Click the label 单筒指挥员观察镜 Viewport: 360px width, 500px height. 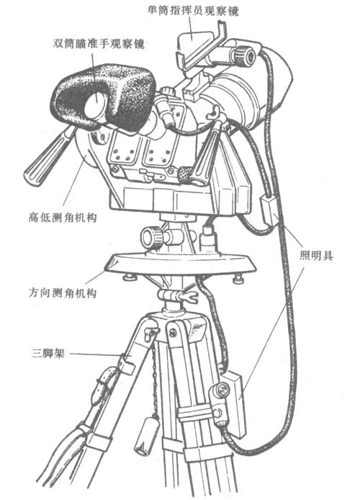(193, 11)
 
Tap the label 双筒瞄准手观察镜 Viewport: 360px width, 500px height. (99, 43)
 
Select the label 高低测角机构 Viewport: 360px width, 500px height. (62, 218)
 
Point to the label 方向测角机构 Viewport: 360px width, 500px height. (62, 293)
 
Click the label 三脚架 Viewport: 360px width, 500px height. (48, 353)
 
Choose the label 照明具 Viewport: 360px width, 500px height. (316, 256)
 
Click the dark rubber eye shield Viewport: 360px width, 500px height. (105, 96)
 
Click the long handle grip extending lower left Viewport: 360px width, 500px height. (48, 157)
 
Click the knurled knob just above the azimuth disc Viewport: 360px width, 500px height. (152, 238)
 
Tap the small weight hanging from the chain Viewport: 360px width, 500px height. (147, 437)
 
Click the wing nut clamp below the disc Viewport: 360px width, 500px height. (179, 296)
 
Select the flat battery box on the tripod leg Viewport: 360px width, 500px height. (234, 404)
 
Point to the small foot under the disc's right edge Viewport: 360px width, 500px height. (238, 280)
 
